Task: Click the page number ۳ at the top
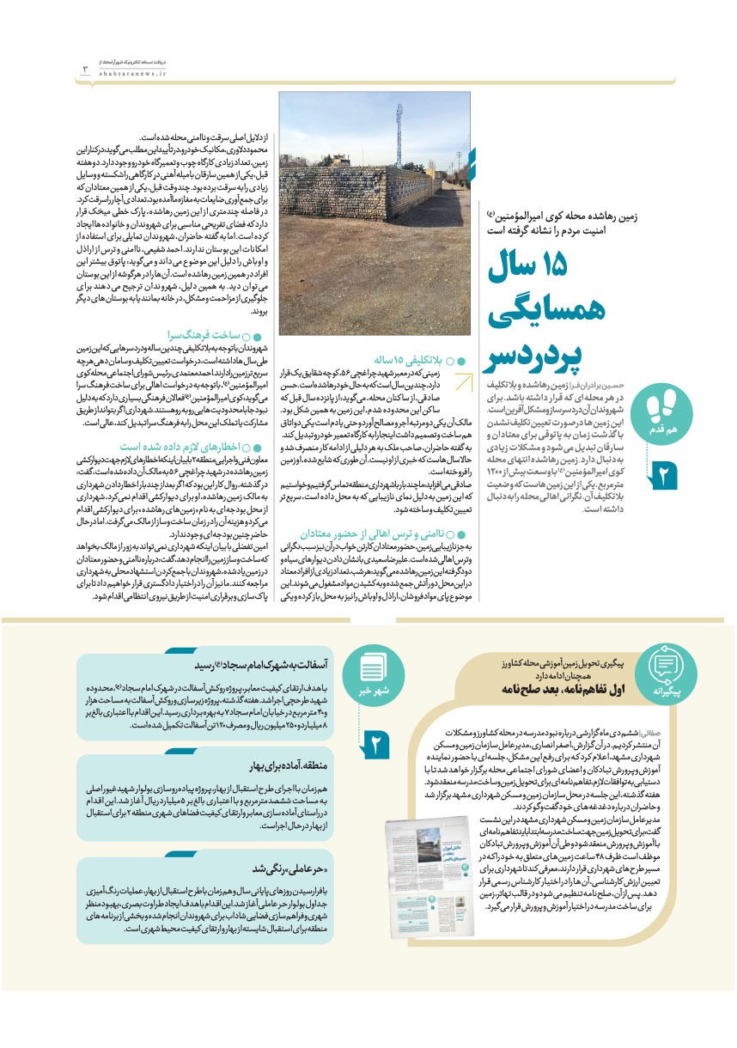coord(85,69)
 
